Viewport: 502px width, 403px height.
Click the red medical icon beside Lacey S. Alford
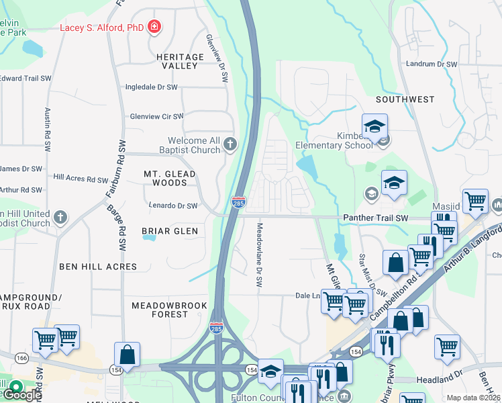click(x=155, y=27)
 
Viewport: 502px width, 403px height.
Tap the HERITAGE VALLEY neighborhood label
click(x=180, y=61)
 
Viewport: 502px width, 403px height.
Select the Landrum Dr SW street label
click(x=432, y=64)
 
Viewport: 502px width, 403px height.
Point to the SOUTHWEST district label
click(x=405, y=99)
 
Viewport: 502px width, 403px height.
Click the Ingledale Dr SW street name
click(x=152, y=87)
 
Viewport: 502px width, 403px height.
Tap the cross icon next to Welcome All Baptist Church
click(x=230, y=143)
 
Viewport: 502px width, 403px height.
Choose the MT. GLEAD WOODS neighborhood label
click(x=170, y=178)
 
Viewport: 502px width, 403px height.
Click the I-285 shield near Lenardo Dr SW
click(x=238, y=201)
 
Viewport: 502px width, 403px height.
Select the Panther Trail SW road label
click(x=375, y=218)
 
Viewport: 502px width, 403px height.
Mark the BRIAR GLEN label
click(x=170, y=231)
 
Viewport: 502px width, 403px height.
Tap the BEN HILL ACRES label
click(x=98, y=267)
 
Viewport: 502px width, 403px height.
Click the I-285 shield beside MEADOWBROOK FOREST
click(x=216, y=328)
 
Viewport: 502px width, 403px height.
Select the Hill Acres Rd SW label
click(x=81, y=179)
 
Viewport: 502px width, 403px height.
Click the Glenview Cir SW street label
click(x=156, y=116)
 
